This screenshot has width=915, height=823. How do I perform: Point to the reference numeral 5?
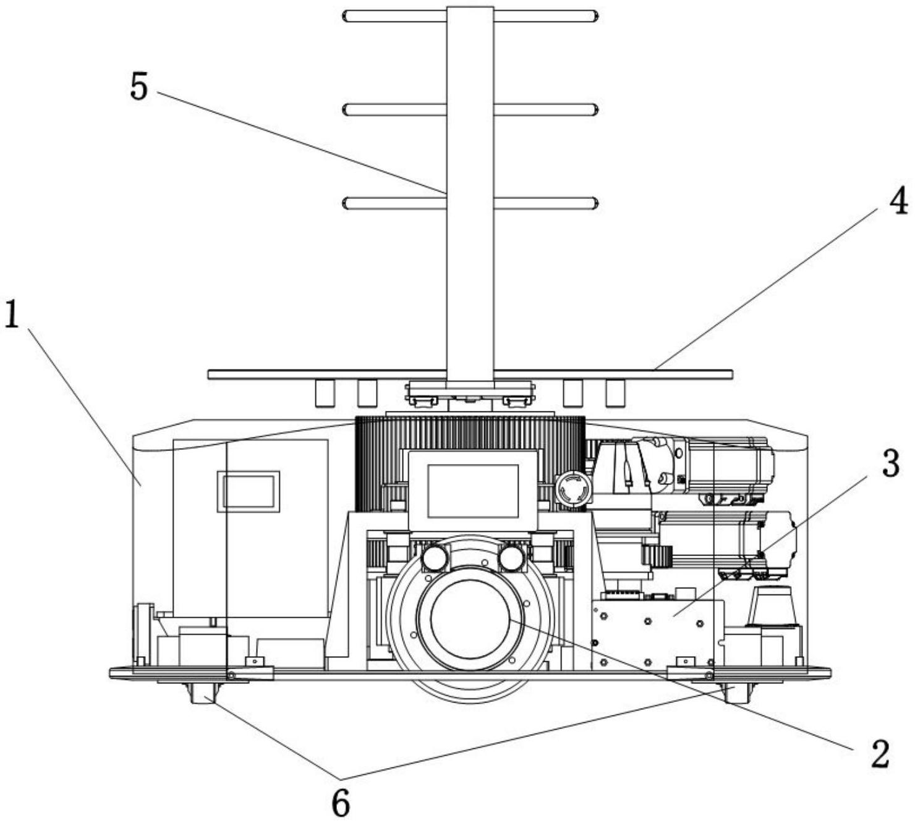click(139, 86)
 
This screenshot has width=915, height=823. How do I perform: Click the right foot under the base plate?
click(737, 693)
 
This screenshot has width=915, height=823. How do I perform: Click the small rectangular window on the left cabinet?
click(248, 492)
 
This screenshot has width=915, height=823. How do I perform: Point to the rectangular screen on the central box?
click(473, 491)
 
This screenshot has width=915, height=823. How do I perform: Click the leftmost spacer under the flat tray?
click(325, 393)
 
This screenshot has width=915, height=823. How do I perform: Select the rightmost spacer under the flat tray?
click(615, 393)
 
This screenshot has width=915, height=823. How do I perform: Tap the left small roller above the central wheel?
click(433, 558)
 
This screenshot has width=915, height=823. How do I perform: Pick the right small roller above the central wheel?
click(511, 558)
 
